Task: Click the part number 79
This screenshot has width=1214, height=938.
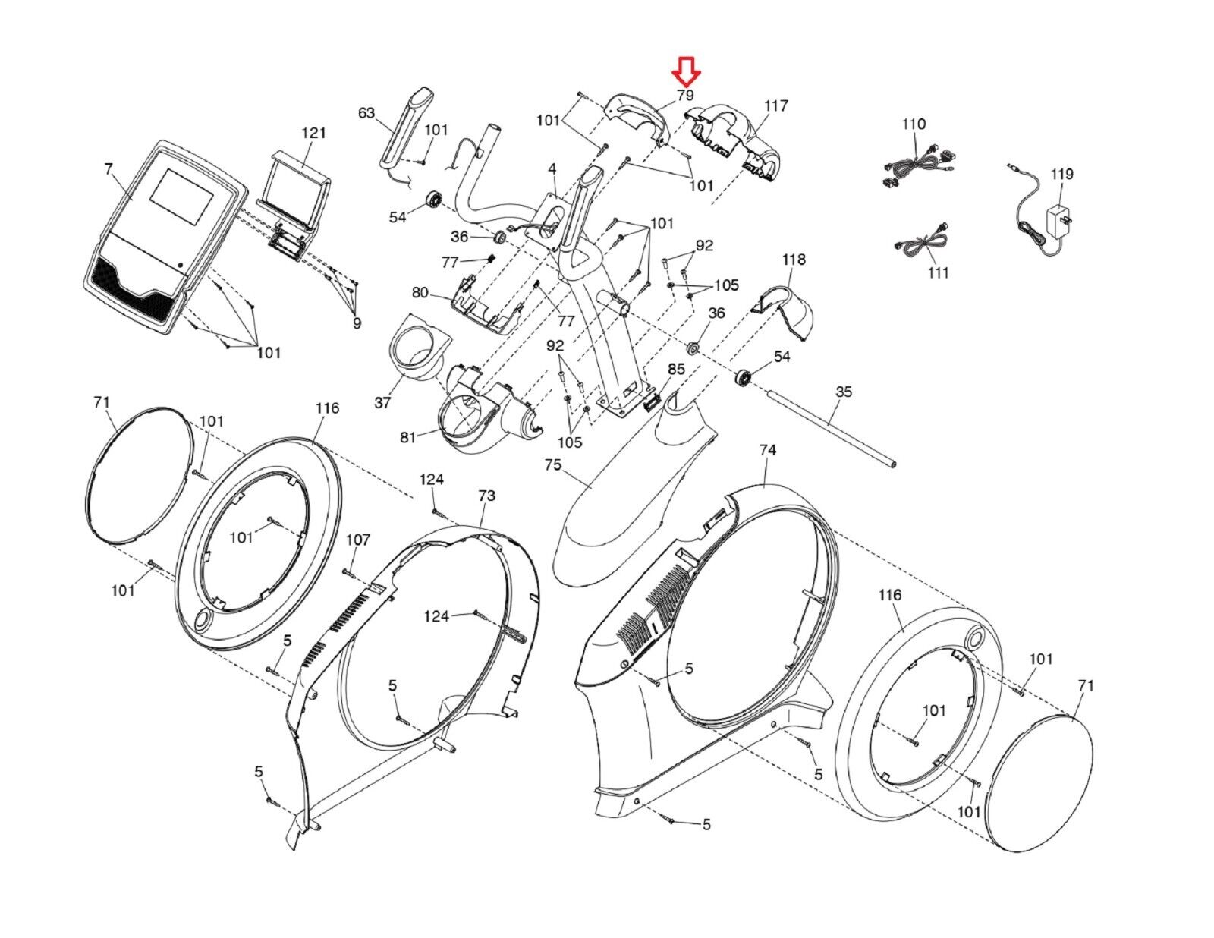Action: coord(685,95)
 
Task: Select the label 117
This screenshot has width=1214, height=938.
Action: coord(775,105)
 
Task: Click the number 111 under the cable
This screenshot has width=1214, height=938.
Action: coord(938,272)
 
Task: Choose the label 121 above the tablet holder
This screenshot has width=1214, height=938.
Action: coord(313,133)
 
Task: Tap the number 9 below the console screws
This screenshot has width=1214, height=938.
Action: coord(357,323)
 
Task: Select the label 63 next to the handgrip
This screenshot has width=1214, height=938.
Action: coord(366,113)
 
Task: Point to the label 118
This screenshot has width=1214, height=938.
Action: coord(794,260)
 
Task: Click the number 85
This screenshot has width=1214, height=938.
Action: coord(676,370)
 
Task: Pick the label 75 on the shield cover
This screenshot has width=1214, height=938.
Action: coord(552,464)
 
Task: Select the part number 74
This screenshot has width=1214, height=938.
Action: coord(768,450)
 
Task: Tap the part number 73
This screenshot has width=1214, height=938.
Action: coord(486,496)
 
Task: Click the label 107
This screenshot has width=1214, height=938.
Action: coord(358,540)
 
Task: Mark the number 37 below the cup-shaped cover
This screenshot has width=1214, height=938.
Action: coord(382,402)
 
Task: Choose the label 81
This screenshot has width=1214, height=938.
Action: coord(408,437)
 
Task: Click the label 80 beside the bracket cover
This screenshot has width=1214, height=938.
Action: coord(420,292)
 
